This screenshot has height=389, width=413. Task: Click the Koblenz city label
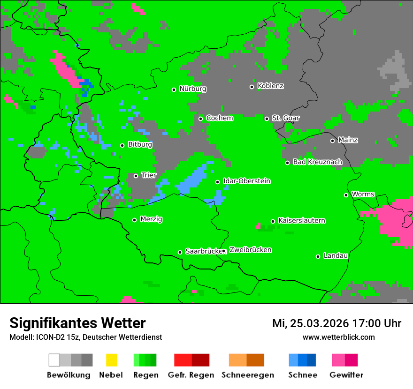point(270,86)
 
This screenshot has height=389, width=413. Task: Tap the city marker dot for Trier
point(136,176)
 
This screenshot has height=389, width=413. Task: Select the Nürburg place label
point(192,89)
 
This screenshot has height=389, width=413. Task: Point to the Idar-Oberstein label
point(246,181)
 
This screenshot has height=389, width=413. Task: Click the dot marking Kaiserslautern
point(273,221)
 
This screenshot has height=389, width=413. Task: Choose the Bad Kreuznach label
point(317,162)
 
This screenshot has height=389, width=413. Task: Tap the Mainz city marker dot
point(332,141)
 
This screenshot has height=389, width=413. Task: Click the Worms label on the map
point(363,194)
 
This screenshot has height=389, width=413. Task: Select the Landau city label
point(336,256)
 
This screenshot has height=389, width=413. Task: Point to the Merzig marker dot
point(134,220)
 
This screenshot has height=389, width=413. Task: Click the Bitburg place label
point(140,145)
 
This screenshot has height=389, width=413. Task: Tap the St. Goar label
point(285,118)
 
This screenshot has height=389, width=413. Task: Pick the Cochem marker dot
point(200,119)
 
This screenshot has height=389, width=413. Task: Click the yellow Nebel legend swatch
point(111,360)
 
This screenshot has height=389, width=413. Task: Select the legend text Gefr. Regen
point(191,375)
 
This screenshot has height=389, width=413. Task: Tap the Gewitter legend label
point(346,375)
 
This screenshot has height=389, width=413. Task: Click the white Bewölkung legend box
point(54,360)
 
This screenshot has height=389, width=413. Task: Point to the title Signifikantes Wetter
point(77,323)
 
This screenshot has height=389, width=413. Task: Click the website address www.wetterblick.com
point(338,337)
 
